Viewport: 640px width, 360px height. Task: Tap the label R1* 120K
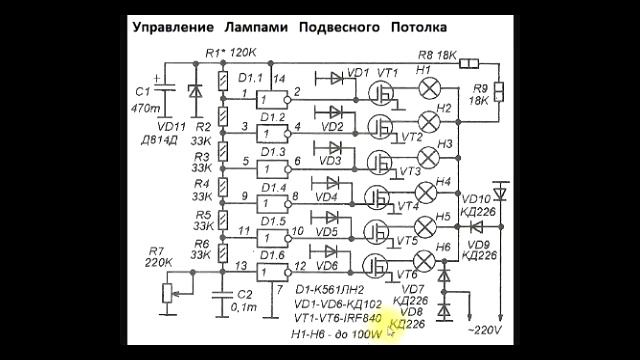tap(229, 51)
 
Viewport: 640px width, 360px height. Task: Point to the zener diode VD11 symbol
tap(195, 89)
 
